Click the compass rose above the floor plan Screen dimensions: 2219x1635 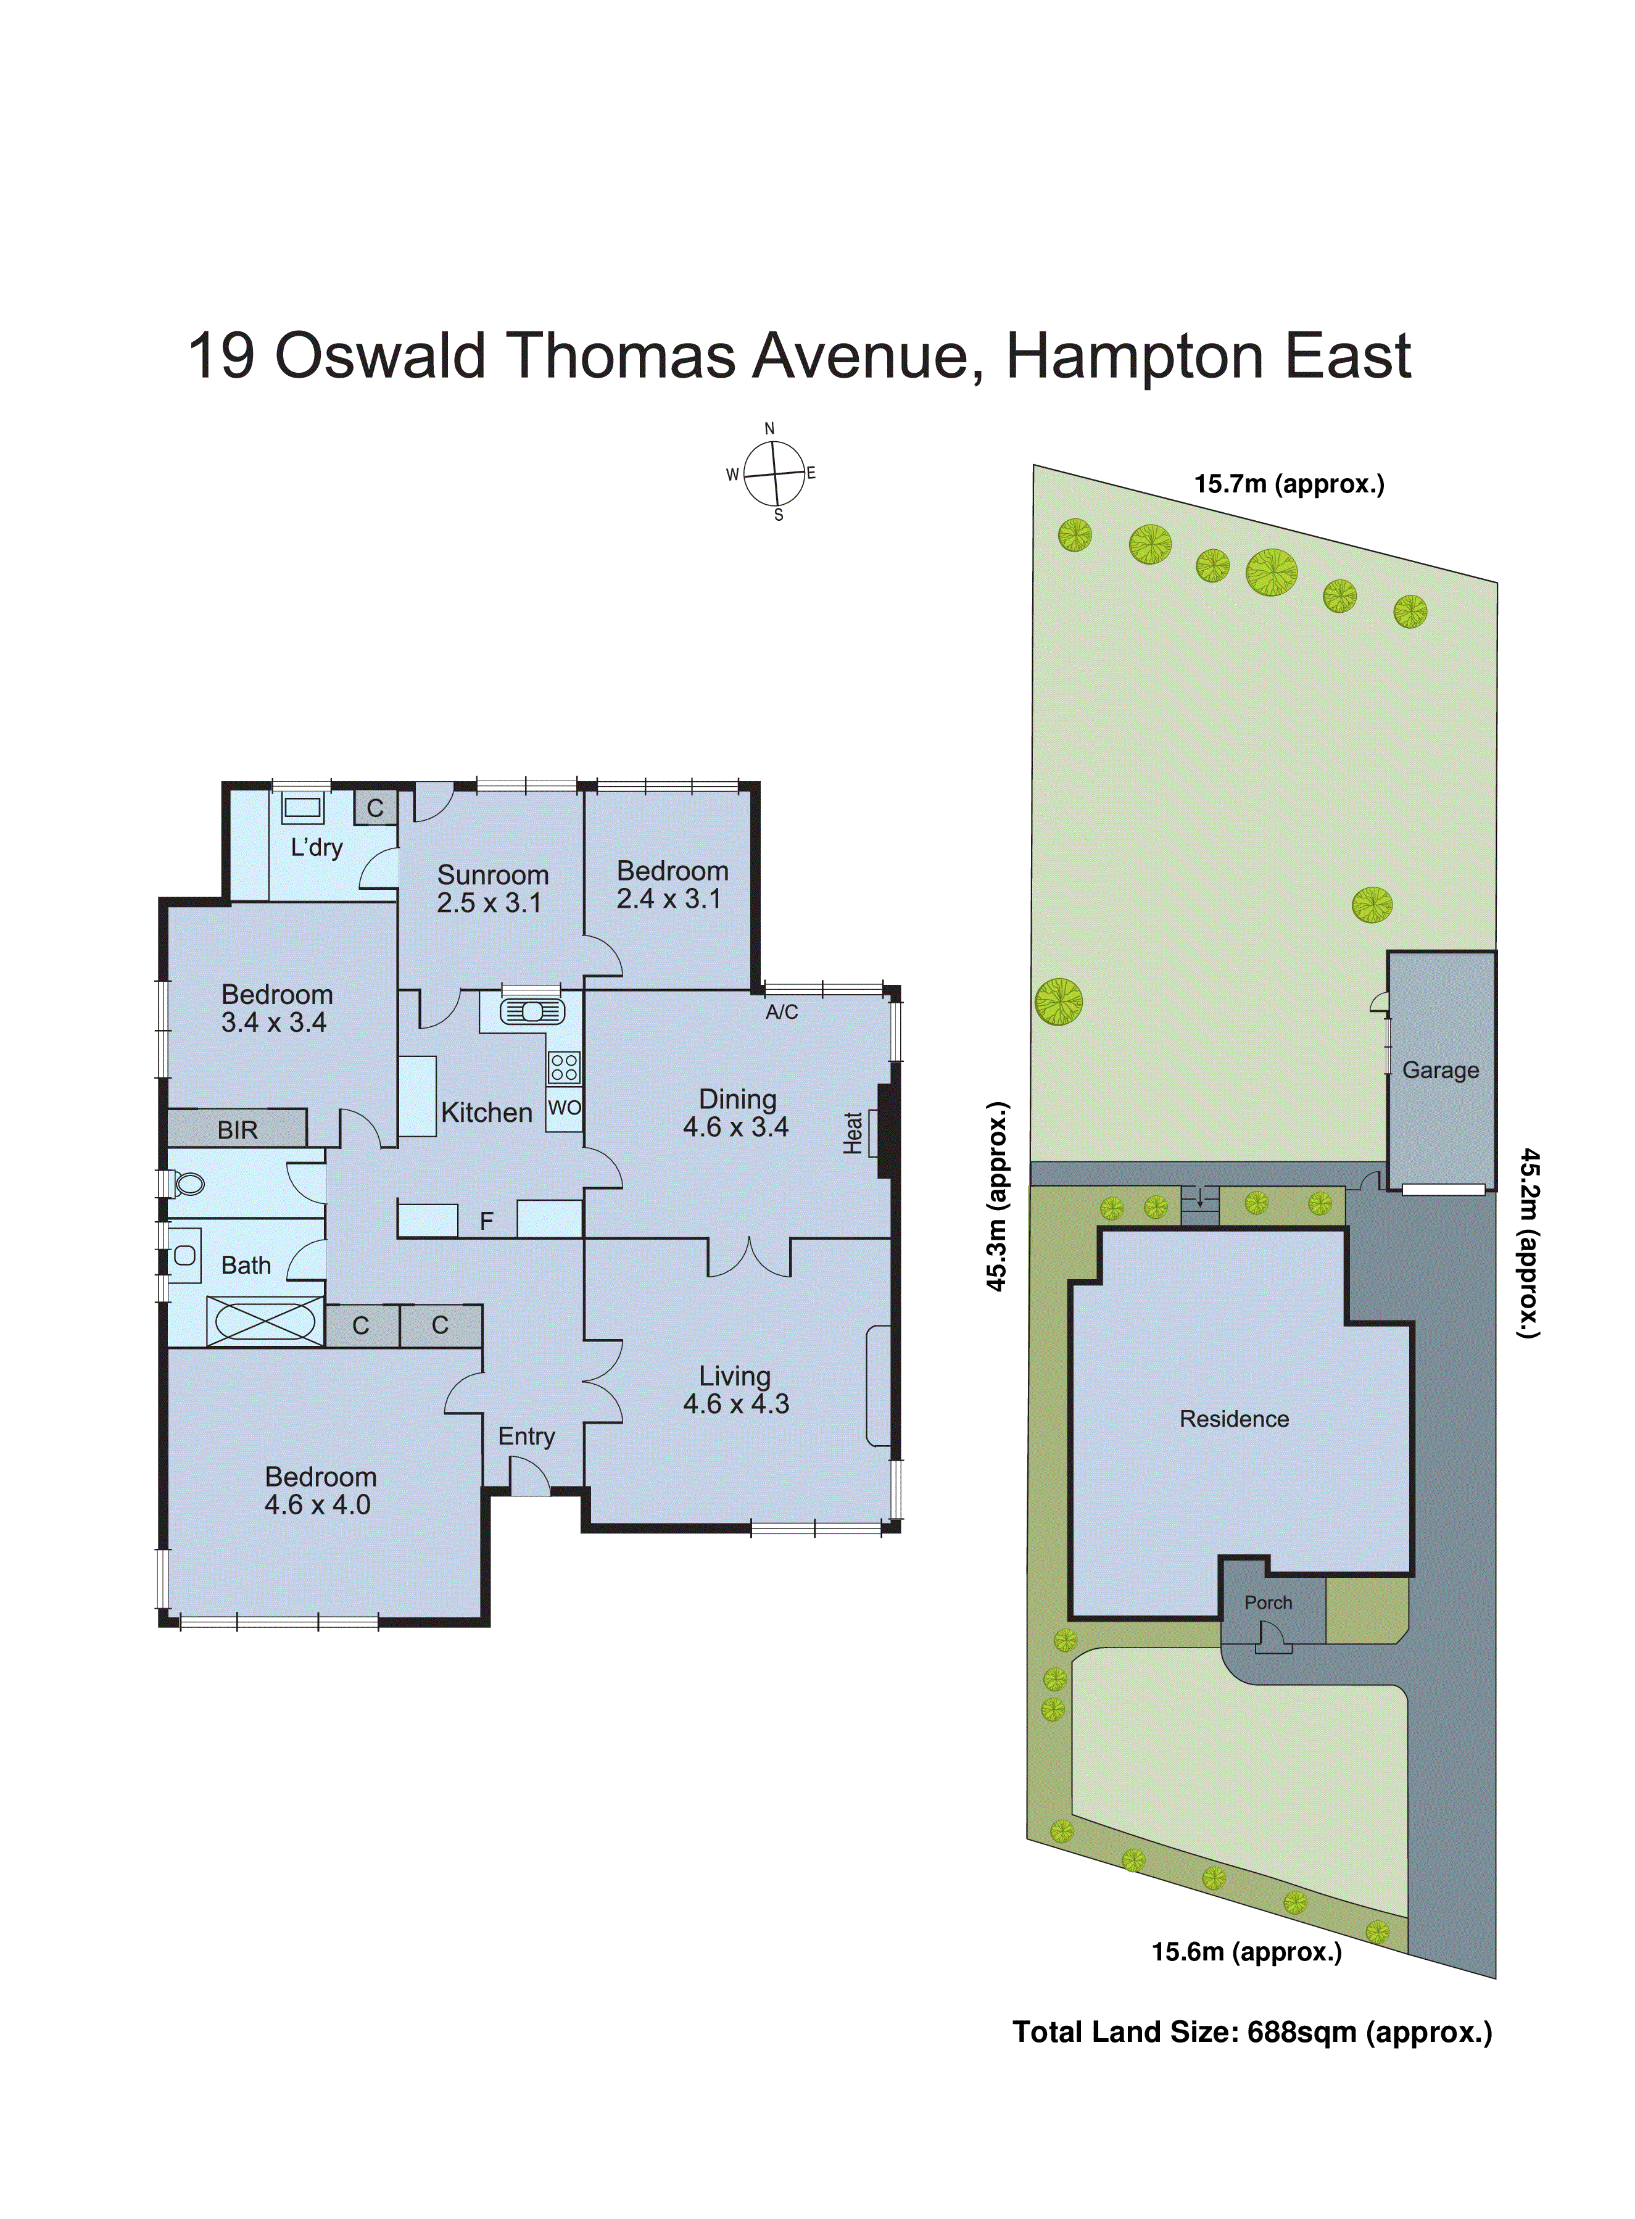774,473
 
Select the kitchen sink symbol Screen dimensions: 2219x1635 532,1011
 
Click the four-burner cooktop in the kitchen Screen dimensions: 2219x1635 564,1067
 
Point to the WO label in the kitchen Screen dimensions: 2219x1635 564,1108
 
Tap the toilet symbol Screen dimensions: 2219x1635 187,1184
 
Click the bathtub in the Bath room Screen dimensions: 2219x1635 264,1321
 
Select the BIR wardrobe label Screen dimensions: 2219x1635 238,1129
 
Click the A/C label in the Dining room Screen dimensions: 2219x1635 782,1011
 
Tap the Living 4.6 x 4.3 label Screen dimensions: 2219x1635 735,1390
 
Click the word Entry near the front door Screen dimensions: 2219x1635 526,1436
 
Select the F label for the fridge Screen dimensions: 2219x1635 486,1221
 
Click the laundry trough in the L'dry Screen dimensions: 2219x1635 303,808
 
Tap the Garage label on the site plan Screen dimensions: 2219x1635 1440,1070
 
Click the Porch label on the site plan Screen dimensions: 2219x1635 1268,1603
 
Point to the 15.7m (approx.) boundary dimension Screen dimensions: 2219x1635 1289,484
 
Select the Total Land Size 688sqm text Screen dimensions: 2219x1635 1252,2032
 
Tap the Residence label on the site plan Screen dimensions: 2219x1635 1234,1419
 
